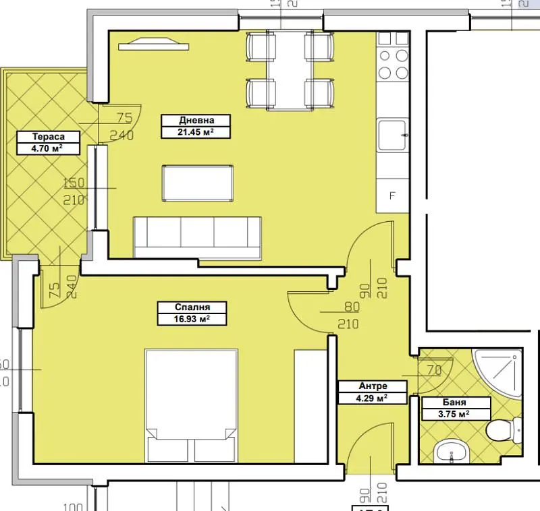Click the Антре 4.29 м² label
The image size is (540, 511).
tap(373, 392)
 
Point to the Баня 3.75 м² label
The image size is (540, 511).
tap(446, 409)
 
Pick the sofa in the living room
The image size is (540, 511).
tap(198, 238)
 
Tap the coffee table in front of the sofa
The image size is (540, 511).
tap(198, 183)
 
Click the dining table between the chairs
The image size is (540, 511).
tap(290, 70)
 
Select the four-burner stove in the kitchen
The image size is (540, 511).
tap(392, 65)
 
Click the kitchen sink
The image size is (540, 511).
tap(392, 134)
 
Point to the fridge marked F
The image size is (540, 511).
tap(392, 198)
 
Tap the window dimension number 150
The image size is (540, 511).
tap(74, 183)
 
